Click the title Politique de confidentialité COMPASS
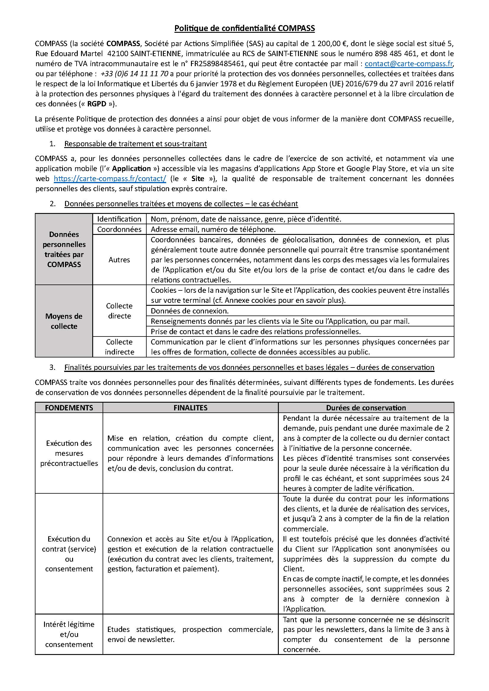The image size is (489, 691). coord(244,28)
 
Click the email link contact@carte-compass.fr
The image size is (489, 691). coord(409,64)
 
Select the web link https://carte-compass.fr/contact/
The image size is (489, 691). coord(110,179)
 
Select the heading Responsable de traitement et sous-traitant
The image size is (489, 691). coord(135,144)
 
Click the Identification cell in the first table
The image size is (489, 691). coord(119,219)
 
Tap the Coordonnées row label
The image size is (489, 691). coord(119,229)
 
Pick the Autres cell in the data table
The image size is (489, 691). coord(119,260)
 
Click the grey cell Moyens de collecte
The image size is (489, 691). coord(64,321)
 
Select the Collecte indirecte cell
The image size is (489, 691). coord(119,347)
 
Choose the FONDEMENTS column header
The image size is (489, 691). coord(69,408)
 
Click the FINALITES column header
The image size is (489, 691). coord(190,408)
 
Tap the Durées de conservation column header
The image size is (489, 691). coord(366,408)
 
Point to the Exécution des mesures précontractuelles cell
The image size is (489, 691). coord(69,453)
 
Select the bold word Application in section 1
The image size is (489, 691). coord(131,168)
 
